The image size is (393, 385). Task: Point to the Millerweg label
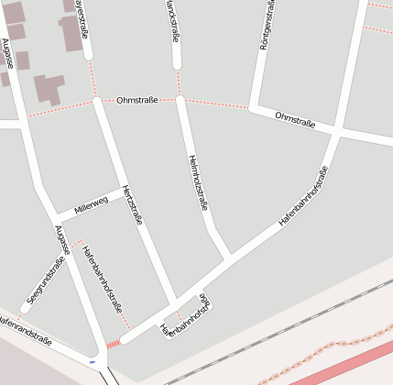click(x=91, y=206)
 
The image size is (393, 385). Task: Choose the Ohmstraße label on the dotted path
click(x=137, y=100)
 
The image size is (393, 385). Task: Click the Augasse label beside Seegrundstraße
click(x=61, y=240)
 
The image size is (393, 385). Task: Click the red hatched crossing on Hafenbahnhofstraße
click(x=114, y=344)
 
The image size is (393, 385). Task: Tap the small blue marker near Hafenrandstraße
click(x=92, y=361)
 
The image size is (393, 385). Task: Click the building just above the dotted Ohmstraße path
click(x=49, y=88)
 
